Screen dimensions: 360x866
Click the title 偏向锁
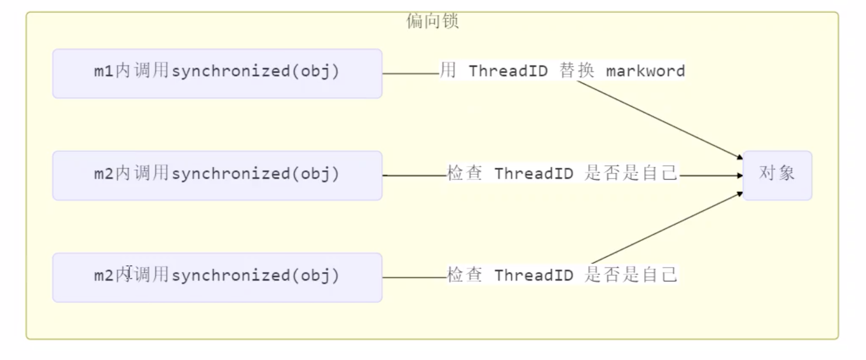tap(432, 22)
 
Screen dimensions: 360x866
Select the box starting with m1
tap(217, 73)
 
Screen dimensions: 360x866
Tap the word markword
tap(645, 71)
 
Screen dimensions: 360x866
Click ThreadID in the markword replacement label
tap(509, 71)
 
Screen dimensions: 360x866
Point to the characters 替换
tap(577, 71)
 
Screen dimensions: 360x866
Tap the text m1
tap(104, 72)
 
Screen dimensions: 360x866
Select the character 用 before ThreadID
tap(448, 71)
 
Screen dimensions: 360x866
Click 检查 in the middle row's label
tap(465, 174)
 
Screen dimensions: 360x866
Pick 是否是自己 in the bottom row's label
tap(631, 275)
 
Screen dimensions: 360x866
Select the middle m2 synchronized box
tap(217, 175)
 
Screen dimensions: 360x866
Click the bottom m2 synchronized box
tap(217, 277)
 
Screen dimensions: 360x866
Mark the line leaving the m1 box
tap(411, 73)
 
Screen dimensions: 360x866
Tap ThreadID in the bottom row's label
tap(534, 275)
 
